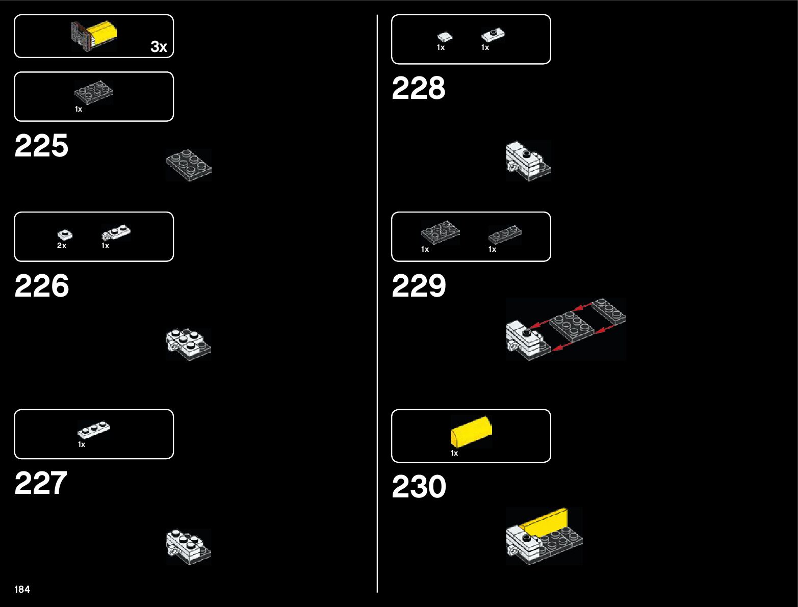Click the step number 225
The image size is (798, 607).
41,146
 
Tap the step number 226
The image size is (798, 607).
42,285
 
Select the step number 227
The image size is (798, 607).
41,483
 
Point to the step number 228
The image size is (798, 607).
419,88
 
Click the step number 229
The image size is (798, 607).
419,285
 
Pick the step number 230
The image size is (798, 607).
419,486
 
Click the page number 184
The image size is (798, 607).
22,589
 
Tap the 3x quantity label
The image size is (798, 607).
159,47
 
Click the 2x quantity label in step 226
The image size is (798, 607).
62,246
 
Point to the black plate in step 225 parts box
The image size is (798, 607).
94,92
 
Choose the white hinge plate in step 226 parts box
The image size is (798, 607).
116,233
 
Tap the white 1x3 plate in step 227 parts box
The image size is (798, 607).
94,430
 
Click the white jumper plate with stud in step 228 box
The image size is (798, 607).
493,35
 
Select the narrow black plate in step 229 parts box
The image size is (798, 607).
505,235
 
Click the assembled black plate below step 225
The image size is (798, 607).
189,165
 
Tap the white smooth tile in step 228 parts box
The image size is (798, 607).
444,36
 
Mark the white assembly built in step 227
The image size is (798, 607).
189,546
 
